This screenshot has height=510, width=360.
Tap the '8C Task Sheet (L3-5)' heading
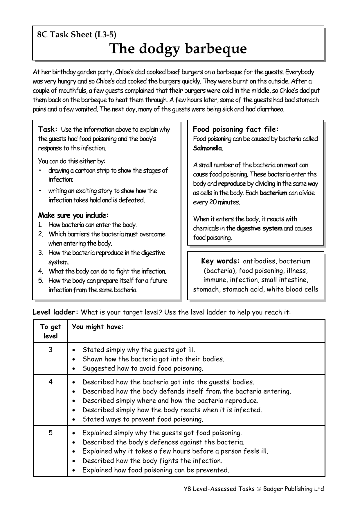[x=77, y=35]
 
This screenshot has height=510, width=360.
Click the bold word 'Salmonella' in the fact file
[x=207, y=148]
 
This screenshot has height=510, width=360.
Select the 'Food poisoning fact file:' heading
[x=236, y=129]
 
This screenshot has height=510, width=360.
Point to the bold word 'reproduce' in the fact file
[x=232, y=184]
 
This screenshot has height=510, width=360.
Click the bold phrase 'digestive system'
[x=259, y=228]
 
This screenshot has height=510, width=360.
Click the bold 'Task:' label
[x=48, y=129]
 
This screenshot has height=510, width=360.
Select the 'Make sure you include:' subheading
[x=73, y=215]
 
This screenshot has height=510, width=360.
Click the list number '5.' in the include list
[x=41, y=281]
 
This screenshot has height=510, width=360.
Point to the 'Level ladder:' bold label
[x=55, y=312]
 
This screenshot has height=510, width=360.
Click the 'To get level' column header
[x=51, y=331]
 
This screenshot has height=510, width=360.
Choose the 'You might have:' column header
[x=98, y=327]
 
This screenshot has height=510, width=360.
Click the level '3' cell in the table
[x=51, y=350]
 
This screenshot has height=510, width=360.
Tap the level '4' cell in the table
[x=51, y=382]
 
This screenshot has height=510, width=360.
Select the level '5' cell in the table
[x=51, y=433]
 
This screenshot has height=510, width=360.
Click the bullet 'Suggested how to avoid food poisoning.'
[x=143, y=368]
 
